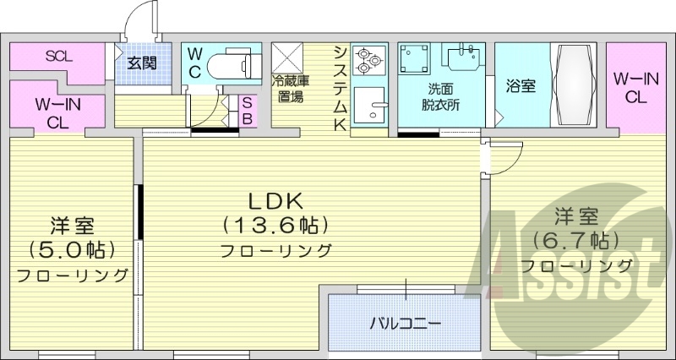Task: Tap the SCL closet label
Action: point(59,57)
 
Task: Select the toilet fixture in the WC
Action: point(231,64)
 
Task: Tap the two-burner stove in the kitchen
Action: point(368,57)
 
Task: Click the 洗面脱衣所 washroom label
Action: point(440,96)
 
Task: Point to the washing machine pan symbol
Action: point(414,59)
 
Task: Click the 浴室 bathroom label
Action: point(521,86)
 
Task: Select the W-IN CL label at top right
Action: point(635,88)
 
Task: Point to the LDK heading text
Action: point(275,200)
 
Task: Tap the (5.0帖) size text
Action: point(72,250)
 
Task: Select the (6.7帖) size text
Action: point(577,239)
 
